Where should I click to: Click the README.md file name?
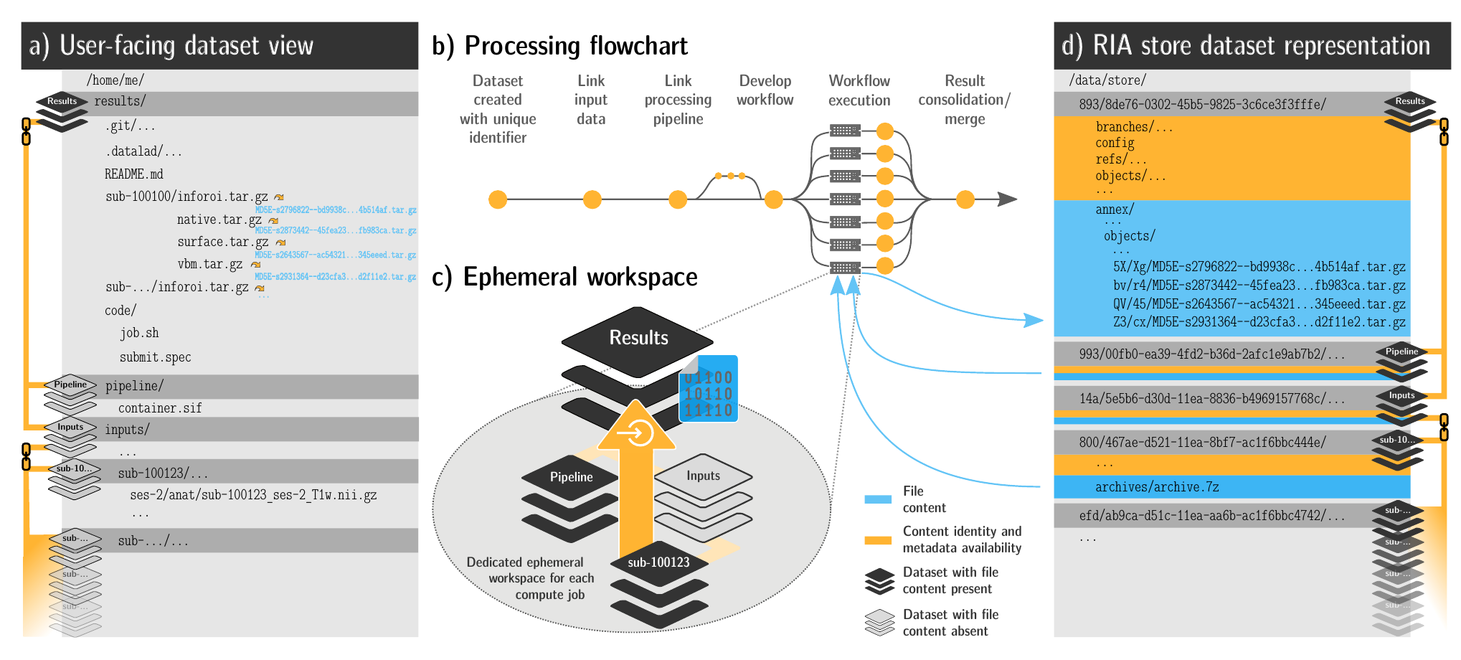[134, 174]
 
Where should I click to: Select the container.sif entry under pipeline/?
[160, 408]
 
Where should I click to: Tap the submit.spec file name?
[155, 357]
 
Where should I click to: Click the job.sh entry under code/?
[139, 333]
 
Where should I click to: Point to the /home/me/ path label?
[115, 80]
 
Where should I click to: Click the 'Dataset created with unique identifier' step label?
[498, 109]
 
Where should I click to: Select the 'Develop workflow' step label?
[765, 90]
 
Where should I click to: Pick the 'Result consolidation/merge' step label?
[965, 100]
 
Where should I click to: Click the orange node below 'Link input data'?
[592, 199]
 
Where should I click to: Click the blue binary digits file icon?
[709, 390]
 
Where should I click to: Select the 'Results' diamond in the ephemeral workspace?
[638, 339]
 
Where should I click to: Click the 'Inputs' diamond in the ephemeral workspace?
[703, 476]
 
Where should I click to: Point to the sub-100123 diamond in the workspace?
[658, 562]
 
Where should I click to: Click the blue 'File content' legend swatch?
[878, 499]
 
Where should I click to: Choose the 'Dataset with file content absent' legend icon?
[879, 622]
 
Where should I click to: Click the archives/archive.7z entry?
[1157, 487]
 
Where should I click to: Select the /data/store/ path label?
[1107, 80]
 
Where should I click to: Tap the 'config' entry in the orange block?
[1115, 143]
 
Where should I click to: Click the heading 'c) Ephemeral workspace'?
[565, 277]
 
